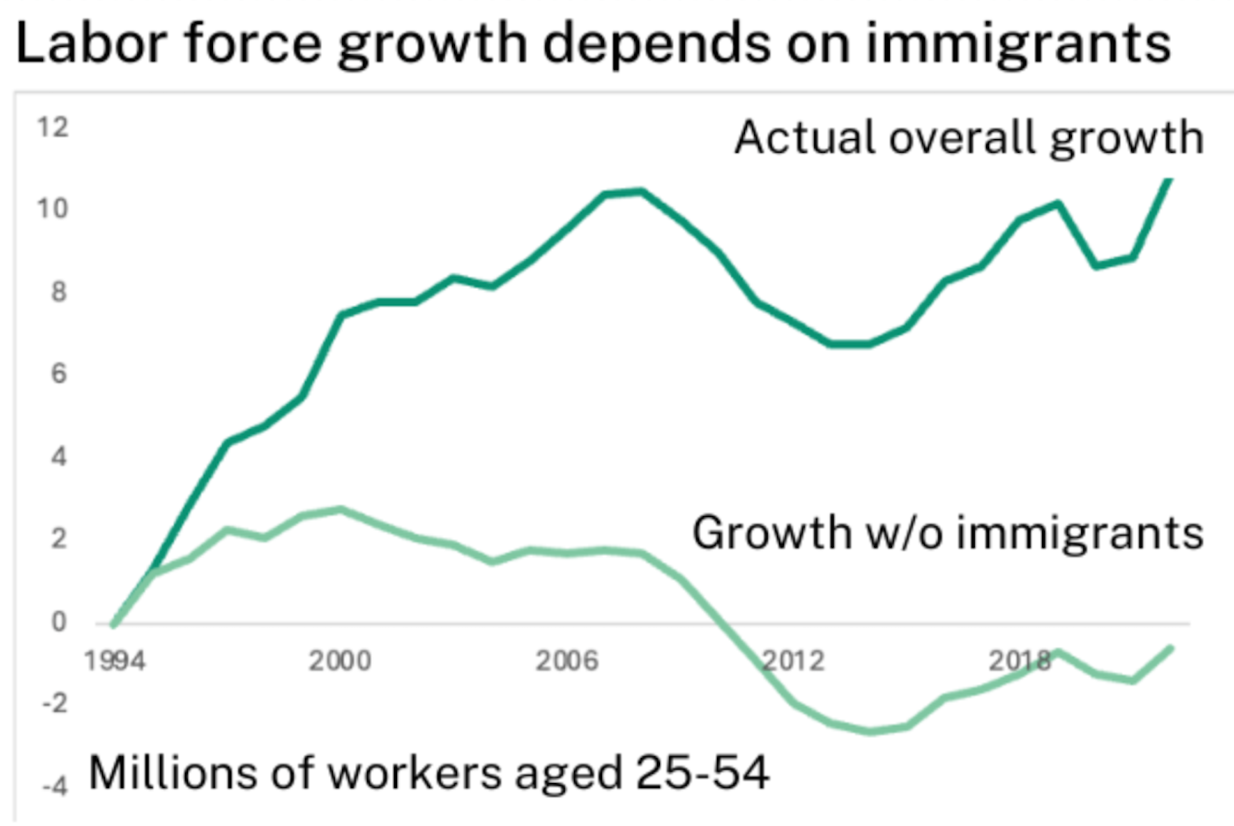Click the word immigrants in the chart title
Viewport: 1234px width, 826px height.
(1018, 43)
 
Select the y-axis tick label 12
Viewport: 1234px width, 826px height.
(53, 127)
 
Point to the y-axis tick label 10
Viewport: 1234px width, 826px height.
(53, 208)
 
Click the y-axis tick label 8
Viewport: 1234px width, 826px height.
(59, 291)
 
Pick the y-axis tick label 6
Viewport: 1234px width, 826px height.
(59, 373)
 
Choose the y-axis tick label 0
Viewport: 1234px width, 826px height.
(59, 622)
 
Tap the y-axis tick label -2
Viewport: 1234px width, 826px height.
(55, 704)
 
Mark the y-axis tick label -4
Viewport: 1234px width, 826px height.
(55, 787)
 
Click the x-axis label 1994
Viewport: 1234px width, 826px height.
(115, 661)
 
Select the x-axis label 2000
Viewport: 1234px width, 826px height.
(340, 661)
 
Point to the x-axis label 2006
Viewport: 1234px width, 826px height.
(567, 661)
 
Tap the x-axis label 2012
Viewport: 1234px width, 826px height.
(793, 661)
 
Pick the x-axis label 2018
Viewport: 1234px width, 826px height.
(1020, 661)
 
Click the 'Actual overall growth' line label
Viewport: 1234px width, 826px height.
(970, 138)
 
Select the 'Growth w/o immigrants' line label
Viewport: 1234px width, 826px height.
(948, 533)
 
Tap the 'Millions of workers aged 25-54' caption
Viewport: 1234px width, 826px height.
(429, 772)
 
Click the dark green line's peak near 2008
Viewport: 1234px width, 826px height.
(641, 191)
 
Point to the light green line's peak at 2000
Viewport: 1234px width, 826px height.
(341, 509)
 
